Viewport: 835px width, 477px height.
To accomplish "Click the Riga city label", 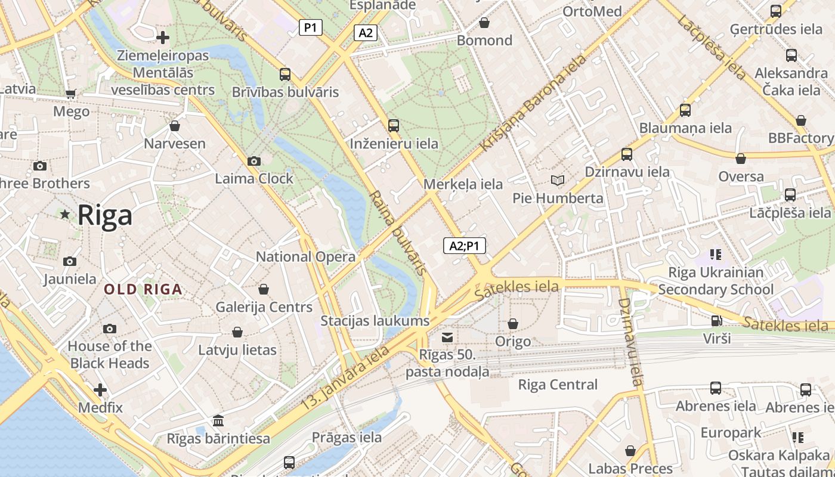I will [105, 215].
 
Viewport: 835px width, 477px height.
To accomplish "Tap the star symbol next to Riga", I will [64, 214].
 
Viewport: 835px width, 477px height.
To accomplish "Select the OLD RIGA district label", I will [143, 290].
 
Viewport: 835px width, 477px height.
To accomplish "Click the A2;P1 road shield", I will [464, 245].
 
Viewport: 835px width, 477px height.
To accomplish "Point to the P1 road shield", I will [310, 27].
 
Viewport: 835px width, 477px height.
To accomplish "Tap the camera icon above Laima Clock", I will [254, 161].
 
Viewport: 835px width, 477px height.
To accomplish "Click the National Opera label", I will [305, 257].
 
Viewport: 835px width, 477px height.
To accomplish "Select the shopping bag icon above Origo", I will [513, 324].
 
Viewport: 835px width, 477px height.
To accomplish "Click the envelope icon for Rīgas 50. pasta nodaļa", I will [447, 338].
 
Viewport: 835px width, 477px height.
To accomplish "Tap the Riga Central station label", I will [558, 385].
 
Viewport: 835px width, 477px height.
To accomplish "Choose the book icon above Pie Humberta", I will [558, 180].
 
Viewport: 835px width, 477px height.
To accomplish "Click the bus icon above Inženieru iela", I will [394, 126].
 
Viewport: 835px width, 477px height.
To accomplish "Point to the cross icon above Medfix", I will [100, 391].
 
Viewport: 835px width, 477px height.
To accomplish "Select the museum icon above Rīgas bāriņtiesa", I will [218, 421].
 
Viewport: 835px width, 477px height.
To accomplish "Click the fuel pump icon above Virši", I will [716, 321].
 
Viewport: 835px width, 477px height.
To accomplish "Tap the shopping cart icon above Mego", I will [71, 94].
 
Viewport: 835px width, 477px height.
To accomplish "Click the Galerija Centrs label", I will [264, 308].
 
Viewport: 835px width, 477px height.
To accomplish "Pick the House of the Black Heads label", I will [110, 355].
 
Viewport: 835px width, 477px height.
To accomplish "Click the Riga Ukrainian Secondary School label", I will [716, 281].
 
